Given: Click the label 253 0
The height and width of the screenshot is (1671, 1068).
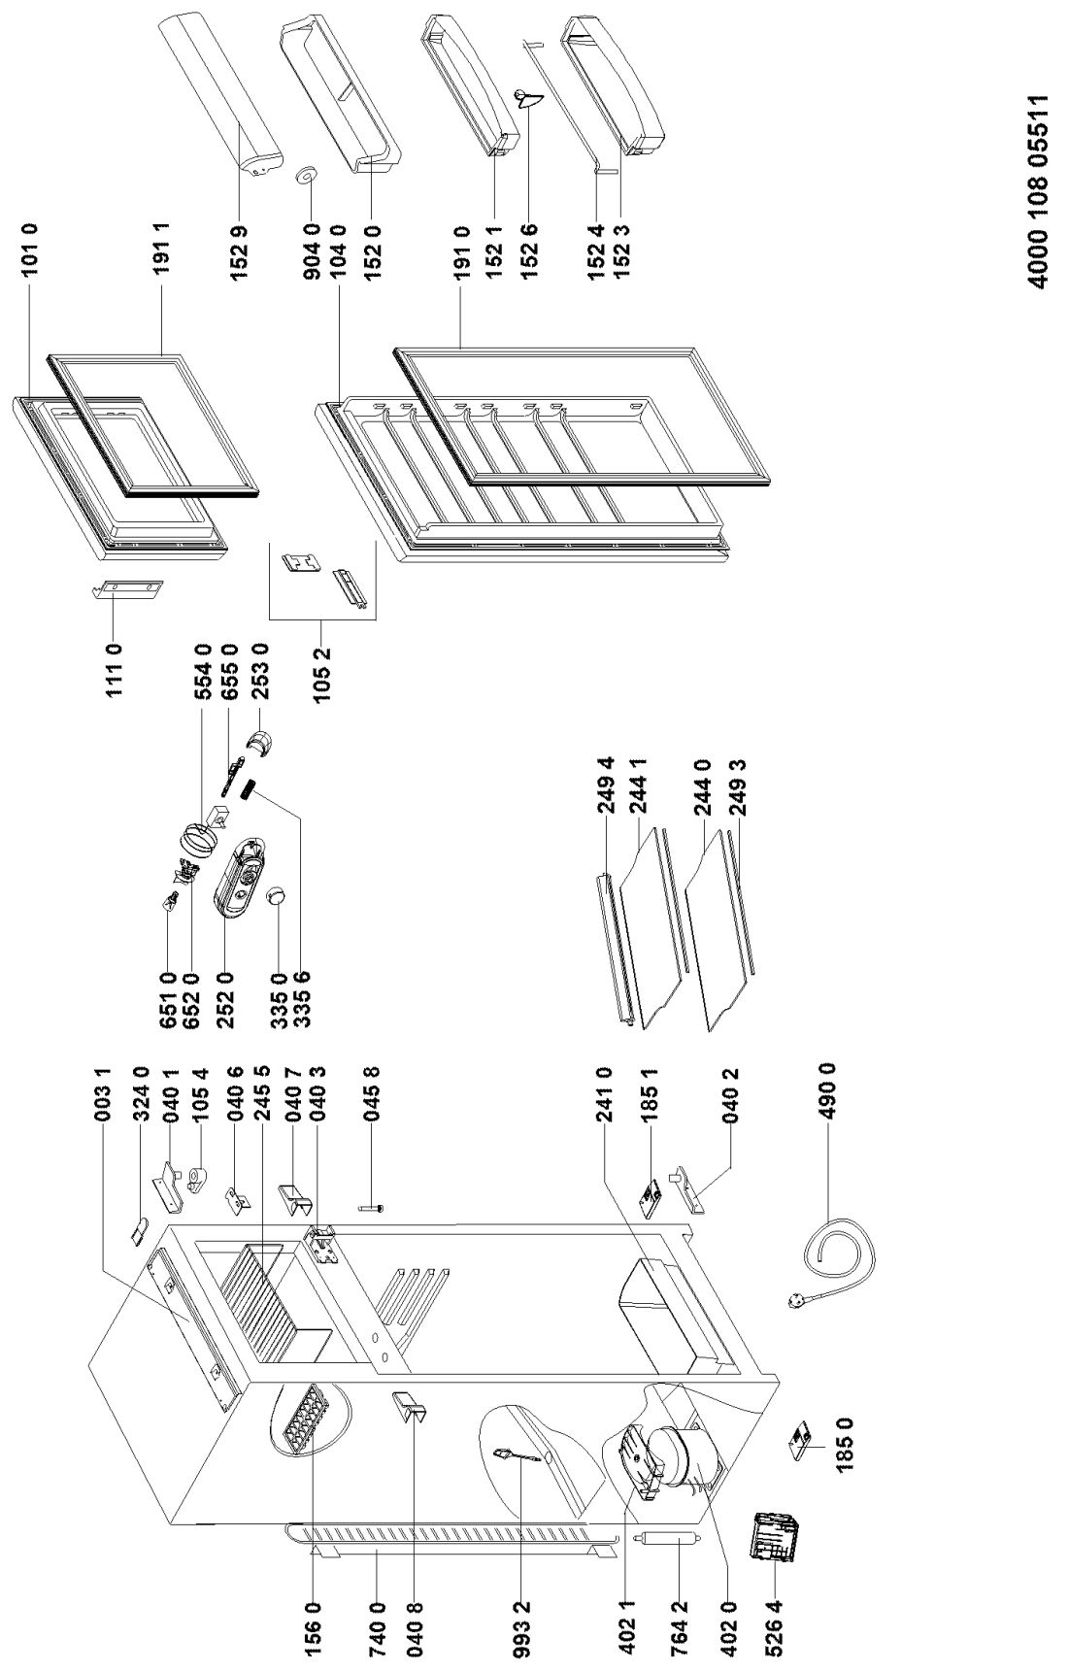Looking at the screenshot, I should point(260,667).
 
